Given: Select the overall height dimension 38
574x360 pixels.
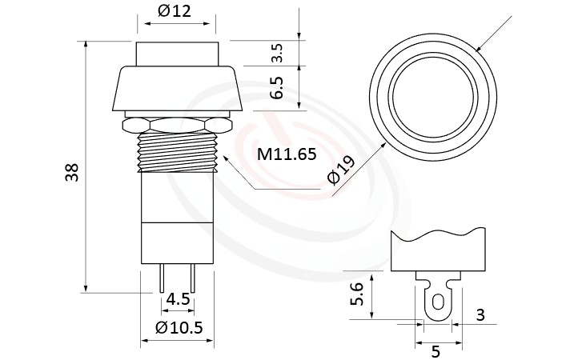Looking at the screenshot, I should [72, 171].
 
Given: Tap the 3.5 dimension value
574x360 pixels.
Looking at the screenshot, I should [277, 54].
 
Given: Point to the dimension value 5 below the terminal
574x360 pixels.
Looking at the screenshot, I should [436, 350].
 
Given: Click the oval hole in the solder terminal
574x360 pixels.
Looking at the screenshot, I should [436, 302].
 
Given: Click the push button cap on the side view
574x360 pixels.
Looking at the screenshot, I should [177, 54].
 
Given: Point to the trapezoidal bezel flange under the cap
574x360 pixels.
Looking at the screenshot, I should [177, 90].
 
